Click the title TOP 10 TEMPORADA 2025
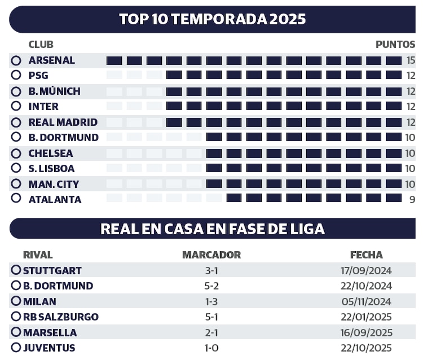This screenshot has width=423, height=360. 212,19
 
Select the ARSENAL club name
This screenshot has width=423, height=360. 51,60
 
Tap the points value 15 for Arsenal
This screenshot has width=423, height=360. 411,60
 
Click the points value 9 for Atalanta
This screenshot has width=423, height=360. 412,199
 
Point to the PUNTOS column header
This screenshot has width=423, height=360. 395,45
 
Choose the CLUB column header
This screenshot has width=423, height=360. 41,45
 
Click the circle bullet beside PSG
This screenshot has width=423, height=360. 16,75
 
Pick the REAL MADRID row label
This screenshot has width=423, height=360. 63,122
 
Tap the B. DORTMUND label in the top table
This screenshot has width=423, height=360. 63,137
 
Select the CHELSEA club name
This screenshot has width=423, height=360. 51,153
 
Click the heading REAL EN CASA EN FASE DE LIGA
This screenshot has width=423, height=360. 212,229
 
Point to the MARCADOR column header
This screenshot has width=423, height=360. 211,255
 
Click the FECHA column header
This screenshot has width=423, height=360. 366,255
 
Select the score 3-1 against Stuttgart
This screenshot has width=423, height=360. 211,271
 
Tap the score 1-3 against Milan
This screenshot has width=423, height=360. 211,301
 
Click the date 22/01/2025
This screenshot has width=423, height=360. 367,317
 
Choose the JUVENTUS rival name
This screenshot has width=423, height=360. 49,348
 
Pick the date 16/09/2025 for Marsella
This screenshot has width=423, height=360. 367,332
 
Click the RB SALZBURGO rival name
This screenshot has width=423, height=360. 60,317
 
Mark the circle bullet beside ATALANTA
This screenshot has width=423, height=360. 16,198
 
